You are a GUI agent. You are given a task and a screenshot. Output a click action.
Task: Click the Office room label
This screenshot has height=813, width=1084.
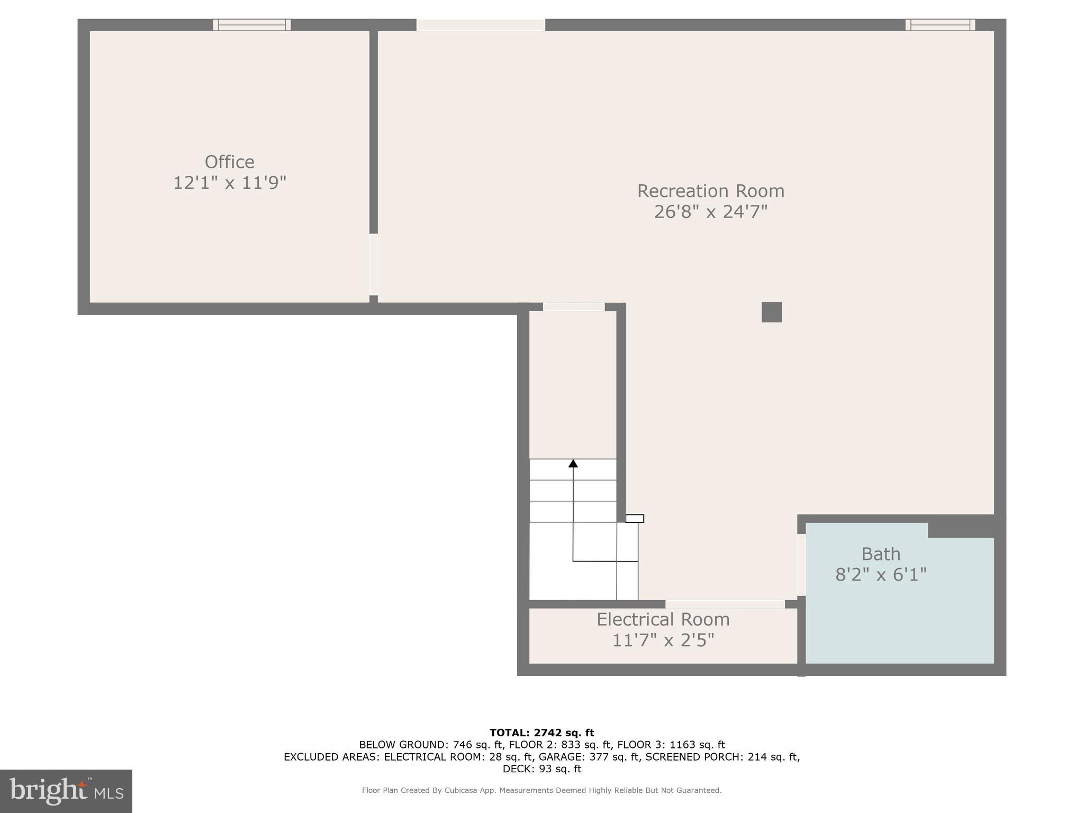point(229,162)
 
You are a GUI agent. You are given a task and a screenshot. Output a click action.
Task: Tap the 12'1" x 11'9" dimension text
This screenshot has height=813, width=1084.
point(230,183)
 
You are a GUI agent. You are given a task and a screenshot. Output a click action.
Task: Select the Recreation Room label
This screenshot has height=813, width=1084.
point(710,191)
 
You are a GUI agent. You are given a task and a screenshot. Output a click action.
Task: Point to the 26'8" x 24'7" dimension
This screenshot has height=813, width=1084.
point(710,212)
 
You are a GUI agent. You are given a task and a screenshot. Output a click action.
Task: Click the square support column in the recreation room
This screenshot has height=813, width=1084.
point(771,312)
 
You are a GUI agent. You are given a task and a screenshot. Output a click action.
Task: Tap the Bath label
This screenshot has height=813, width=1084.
point(881,554)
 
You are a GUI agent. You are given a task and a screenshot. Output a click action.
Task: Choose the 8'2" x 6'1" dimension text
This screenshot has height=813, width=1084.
point(881,575)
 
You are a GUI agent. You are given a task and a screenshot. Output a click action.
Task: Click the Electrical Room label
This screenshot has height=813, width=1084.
point(663,619)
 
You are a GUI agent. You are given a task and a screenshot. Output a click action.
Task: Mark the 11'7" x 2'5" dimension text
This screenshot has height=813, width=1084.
point(663,640)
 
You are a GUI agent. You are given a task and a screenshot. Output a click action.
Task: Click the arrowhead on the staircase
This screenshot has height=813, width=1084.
point(573,464)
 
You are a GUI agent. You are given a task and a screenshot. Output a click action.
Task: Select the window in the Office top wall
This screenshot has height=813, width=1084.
point(252,25)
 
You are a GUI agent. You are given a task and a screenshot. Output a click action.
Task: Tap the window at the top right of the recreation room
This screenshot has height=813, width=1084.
point(940,25)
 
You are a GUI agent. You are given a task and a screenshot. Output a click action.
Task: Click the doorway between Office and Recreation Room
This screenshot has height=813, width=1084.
point(373,265)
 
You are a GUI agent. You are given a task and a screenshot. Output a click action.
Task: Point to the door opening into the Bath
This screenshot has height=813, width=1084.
point(801,565)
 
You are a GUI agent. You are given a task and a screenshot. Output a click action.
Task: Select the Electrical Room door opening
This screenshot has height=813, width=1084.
point(725,604)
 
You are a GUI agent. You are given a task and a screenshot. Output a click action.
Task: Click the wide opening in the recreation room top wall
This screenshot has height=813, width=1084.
point(481,25)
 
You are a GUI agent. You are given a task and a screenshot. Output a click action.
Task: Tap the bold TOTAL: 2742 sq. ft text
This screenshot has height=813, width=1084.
point(541,733)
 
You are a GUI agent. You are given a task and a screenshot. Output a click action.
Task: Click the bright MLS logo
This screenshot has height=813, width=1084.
point(66,791)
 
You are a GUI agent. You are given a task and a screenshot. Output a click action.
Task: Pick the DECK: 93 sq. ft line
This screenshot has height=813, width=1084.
point(541,769)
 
